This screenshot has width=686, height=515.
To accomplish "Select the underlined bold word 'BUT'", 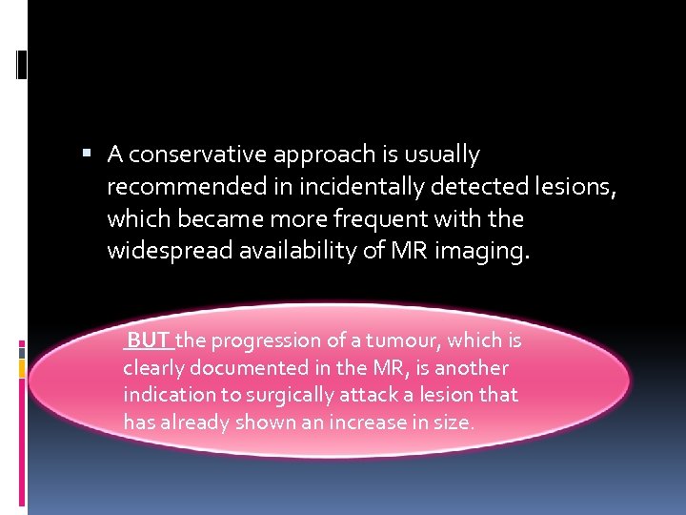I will [x=149, y=340].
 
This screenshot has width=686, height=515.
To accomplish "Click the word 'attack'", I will [x=358, y=395].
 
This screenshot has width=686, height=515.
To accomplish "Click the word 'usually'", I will [x=445, y=154].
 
